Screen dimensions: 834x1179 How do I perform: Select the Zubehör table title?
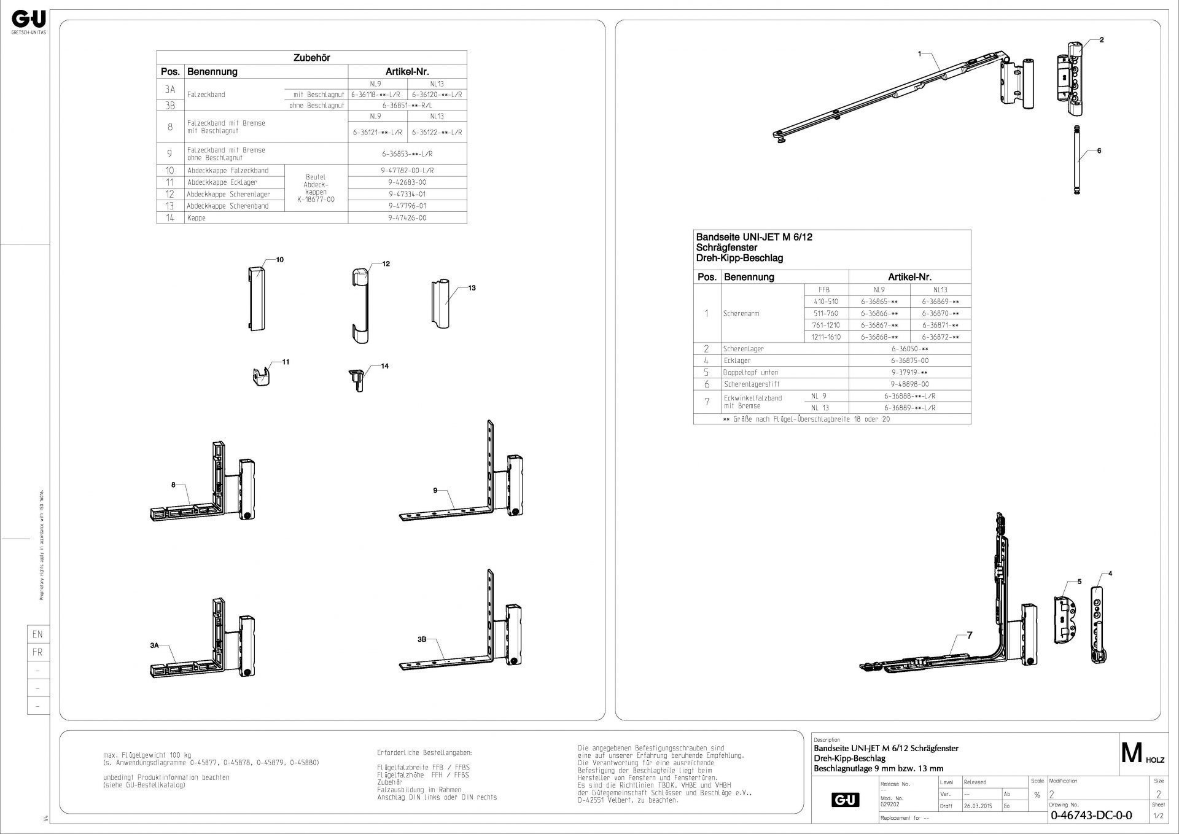coord(311,58)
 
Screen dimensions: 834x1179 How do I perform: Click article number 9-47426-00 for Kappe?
coord(407,218)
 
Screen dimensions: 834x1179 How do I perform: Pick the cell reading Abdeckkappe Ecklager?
coord(222,182)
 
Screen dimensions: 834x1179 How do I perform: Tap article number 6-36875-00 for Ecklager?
coord(909,360)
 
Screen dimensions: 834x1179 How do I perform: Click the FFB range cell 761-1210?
coord(826,325)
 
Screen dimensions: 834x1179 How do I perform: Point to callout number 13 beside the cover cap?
coord(472,287)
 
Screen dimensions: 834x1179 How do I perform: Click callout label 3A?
coord(154,645)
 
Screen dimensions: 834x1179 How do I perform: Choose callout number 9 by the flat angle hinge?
coord(435,490)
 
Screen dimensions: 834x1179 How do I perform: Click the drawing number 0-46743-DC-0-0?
coord(1091,816)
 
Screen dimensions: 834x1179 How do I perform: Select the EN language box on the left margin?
coord(37,634)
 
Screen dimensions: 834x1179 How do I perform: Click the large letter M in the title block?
coord(1131,753)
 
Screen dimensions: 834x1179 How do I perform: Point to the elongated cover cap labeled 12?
coord(362,304)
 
